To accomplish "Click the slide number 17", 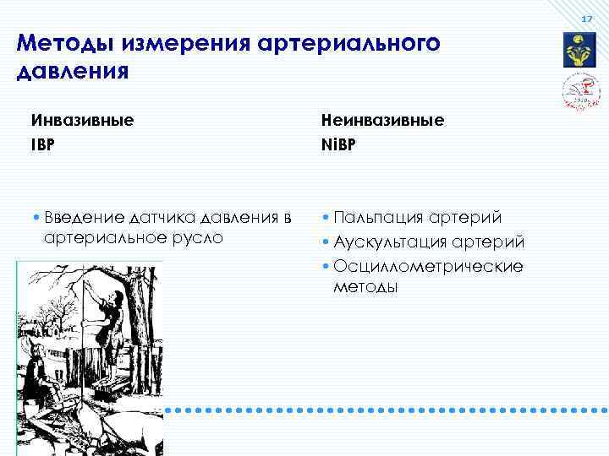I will (587, 19).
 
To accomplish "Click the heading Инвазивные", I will (84, 120).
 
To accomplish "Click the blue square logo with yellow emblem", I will (580, 51).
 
